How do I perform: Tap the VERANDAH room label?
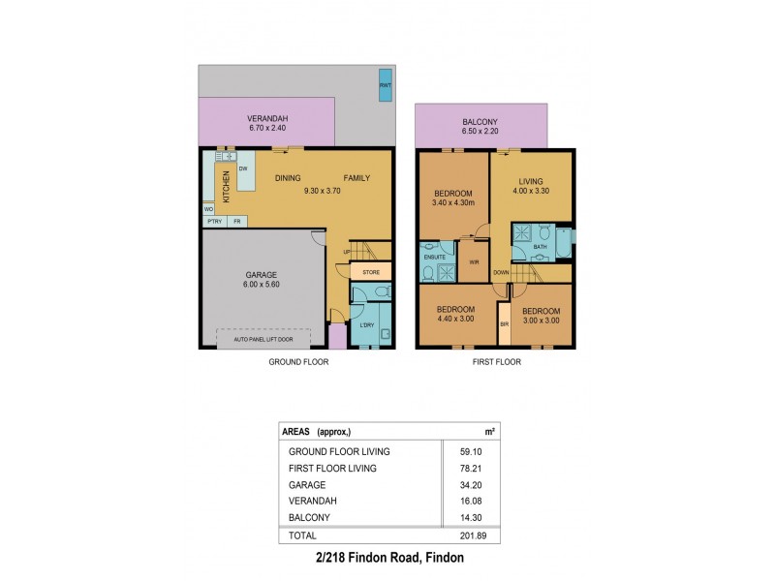click(268, 118)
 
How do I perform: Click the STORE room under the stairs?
click(369, 271)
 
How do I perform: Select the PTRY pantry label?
click(212, 222)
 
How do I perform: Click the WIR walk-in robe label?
click(474, 262)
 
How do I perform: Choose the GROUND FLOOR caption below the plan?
click(297, 362)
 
